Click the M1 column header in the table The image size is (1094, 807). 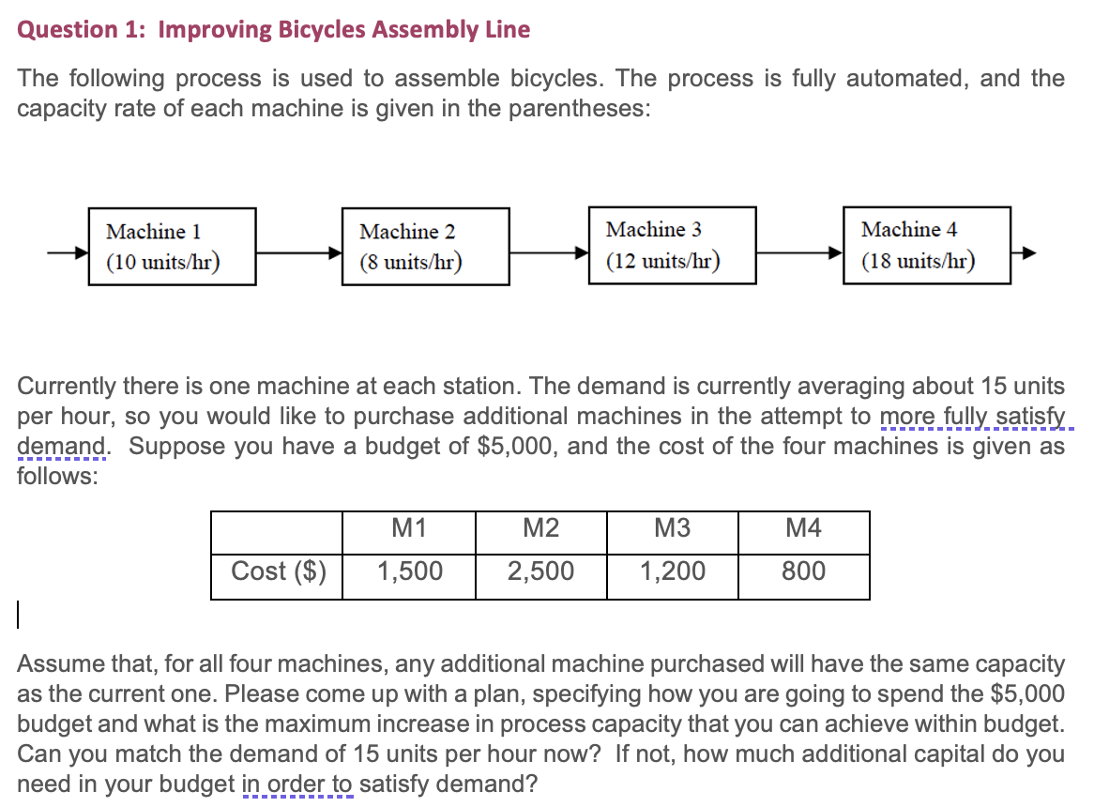click(x=409, y=529)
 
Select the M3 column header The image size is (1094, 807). click(x=672, y=529)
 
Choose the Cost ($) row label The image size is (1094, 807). click(x=278, y=571)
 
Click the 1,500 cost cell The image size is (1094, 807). click(x=409, y=571)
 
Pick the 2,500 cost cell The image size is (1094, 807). click(x=540, y=571)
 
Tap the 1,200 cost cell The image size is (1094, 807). click(x=672, y=571)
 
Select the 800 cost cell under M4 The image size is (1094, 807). click(x=803, y=571)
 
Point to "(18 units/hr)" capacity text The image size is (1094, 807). click(x=918, y=261)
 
